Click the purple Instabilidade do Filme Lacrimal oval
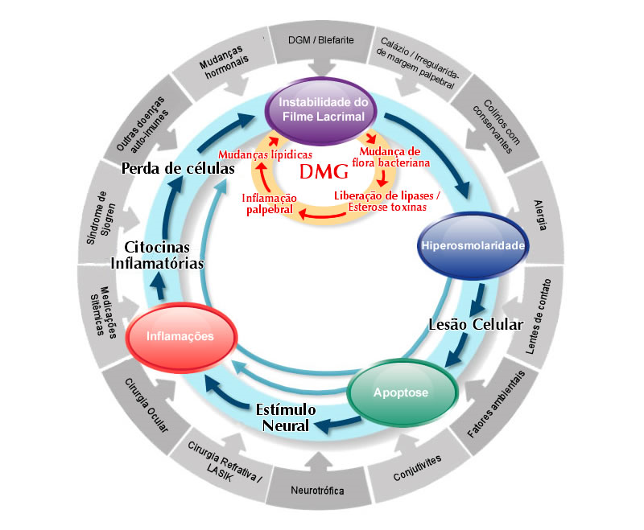322,110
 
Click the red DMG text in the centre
323,172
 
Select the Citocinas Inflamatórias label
157,256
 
